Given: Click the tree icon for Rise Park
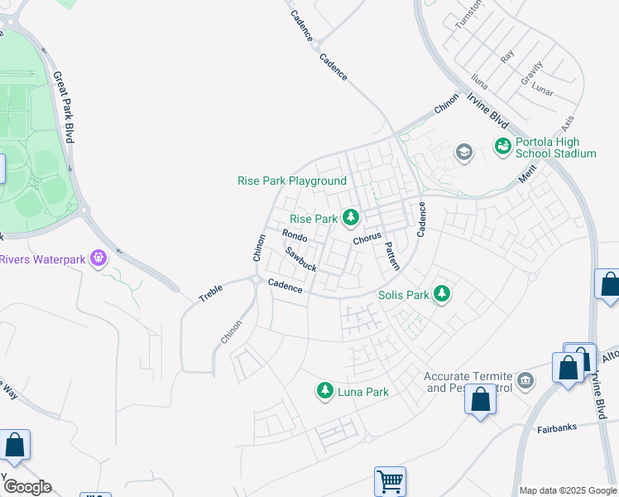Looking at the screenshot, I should [351, 218].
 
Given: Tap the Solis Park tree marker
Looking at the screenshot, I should [443, 294].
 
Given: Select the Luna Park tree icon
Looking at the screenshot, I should [325, 390].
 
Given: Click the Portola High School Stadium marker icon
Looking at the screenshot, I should [502, 147].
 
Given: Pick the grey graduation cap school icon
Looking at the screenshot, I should [463, 152].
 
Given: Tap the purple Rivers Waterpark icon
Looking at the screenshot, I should [99, 258].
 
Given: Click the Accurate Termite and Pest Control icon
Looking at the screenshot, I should [525, 380].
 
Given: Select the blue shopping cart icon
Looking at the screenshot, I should [390, 481].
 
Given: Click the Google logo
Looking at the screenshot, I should [26, 487].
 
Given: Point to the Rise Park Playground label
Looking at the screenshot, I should [291, 181].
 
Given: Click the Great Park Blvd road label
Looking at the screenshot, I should [64, 107].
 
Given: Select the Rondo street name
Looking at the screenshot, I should [295, 236].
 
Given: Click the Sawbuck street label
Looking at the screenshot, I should [301, 259].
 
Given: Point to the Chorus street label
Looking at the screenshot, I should [367, 238].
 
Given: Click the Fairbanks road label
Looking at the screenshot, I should [557, 429].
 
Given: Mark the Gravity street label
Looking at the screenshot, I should [532, 72].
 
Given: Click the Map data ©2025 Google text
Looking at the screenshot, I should [568, 490].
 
